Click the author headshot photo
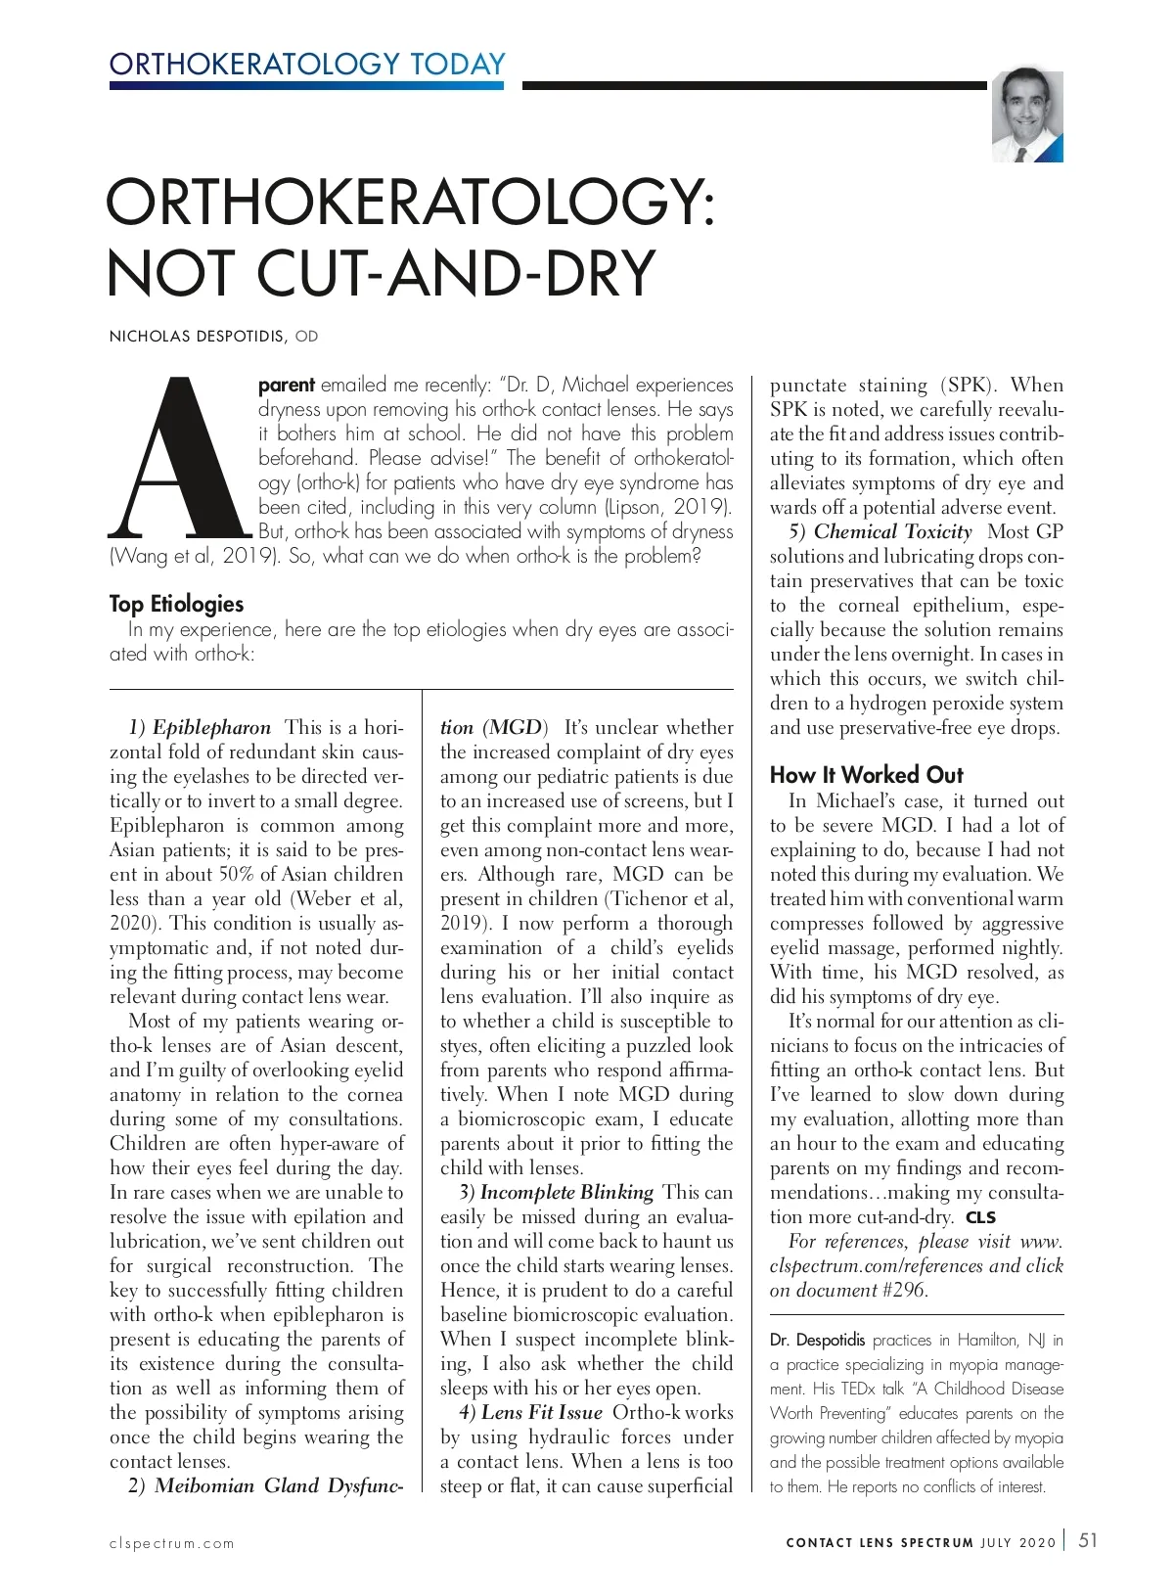(x=1027, y=115)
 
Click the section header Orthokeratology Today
(x=307, y=65)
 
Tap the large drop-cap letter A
(x=180, y=459)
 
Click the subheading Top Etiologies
(x=176, y=604)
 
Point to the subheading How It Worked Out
(x=866, y=775)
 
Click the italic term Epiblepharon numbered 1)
(x=211, y=727)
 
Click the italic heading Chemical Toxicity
(x=892, y=531)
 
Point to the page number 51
(x=1087, y=1540)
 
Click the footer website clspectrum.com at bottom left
(x=172, y=1544)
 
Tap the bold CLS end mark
(x=980, y=1218)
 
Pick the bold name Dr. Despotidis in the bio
(x=817, y=1340)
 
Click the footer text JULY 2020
(x=1017, y=1543)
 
